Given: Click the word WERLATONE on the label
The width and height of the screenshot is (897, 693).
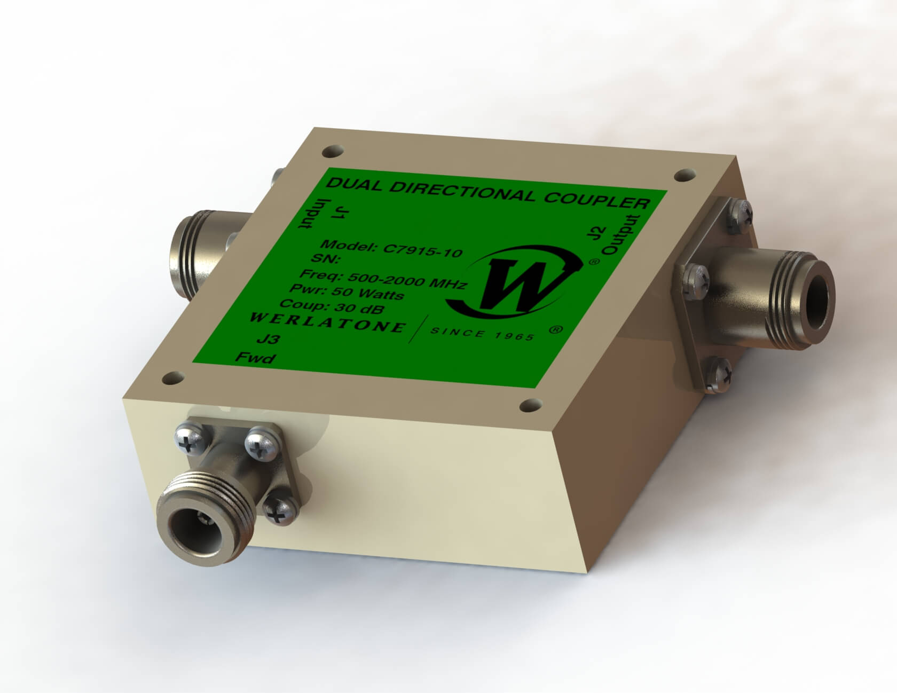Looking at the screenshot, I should click(x=327, y=323).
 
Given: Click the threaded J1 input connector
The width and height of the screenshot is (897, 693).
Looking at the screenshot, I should click(x=198, y=243).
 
